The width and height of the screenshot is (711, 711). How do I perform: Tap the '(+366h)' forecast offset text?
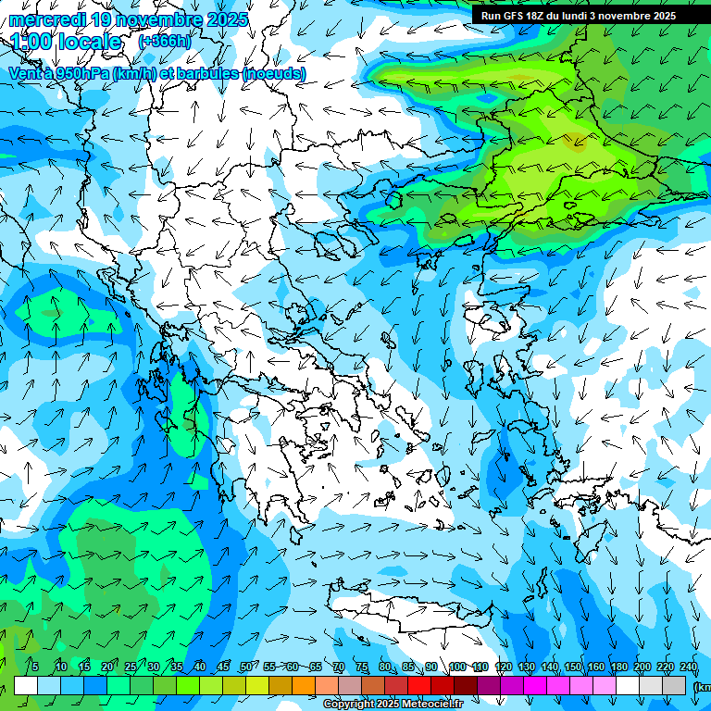pos(165,42)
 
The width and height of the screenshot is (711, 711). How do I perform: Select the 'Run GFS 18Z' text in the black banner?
pos(514,16)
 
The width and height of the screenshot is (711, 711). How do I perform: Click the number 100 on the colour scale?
pos(457,667)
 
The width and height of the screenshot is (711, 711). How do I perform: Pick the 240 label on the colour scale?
pos(689,667)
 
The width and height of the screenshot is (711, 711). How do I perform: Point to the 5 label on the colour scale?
pos(34,667)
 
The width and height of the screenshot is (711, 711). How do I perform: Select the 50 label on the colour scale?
pos(246,667)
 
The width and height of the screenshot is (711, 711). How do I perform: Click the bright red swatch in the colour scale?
pos(419,686)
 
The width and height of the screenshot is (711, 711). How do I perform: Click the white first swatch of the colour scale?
pos(26,686)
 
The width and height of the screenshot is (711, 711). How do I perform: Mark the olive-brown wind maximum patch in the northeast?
pos(576,141)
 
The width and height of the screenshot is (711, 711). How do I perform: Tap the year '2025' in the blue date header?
pos(228,19)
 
